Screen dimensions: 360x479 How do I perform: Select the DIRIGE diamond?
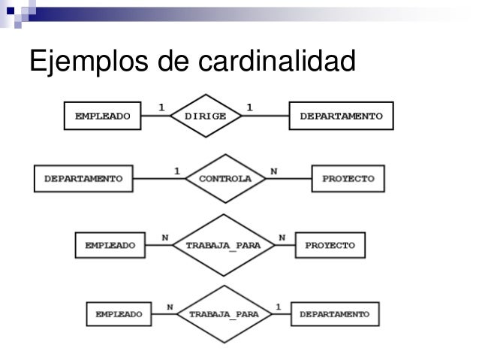point(205,116)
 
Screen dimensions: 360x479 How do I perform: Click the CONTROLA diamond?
point(224,180)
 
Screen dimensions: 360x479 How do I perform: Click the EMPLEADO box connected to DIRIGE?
point(103,116)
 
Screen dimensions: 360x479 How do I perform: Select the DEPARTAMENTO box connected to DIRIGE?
point(340,116)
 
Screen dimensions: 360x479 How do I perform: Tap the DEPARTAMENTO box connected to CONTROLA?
point(83,179)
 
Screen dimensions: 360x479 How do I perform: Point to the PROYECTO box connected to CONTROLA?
point(348,180)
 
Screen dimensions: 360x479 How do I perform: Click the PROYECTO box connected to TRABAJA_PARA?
point(330,245)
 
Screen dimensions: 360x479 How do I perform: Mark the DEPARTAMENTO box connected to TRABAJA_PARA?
point(335,313)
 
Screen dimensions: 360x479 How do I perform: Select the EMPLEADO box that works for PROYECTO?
point(110,245)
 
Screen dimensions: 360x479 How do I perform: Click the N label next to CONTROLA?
point(274,171)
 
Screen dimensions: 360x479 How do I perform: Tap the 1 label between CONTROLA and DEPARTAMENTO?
point(177,171)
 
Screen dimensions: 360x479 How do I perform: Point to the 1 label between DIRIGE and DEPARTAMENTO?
point(249,106)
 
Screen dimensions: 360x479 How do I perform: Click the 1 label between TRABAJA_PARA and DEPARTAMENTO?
point(279,305)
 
